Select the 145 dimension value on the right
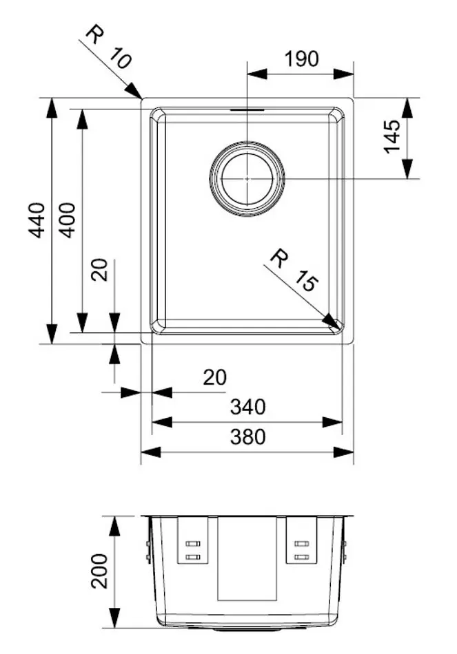click(x=391, y=136)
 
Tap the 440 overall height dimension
click(x=37, y=220)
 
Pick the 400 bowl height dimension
click(x=68, y=220)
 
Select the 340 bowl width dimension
click(x=247, y=408)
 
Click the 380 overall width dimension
click(x=247, y=436)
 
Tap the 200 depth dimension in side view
click(x=100, y=570)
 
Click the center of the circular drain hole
click(x=247, y=178)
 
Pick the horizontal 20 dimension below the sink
click(x=214, y=377)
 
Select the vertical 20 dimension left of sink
click(x=101, y=270)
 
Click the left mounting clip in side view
click(x=192, y=541)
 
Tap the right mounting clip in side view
click(x=301, y=541)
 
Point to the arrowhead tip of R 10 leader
click(x=142, y=99)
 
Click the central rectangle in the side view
click(x=247, y=558)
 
